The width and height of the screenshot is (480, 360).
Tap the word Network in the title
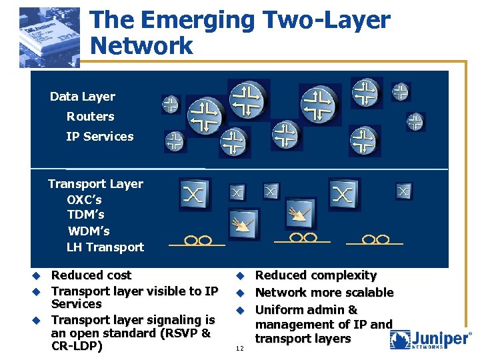pos(141,46)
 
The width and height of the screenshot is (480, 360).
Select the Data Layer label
pos(83,97)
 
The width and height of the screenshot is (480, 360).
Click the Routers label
pos(90,117)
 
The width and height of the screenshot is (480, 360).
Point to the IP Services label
pos(99,137)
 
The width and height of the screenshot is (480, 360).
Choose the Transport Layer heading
pos(95,184)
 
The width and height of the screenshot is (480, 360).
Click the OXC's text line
pos(84,199)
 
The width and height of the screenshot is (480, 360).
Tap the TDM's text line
pos(85,215)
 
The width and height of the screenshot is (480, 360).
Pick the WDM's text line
pos(89,231)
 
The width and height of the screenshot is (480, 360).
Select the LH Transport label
pos(105,247)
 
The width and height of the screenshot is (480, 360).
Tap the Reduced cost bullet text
pos(91,275)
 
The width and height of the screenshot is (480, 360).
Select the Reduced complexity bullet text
pos(316,275)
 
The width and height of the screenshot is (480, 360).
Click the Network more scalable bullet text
pos(324,293)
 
